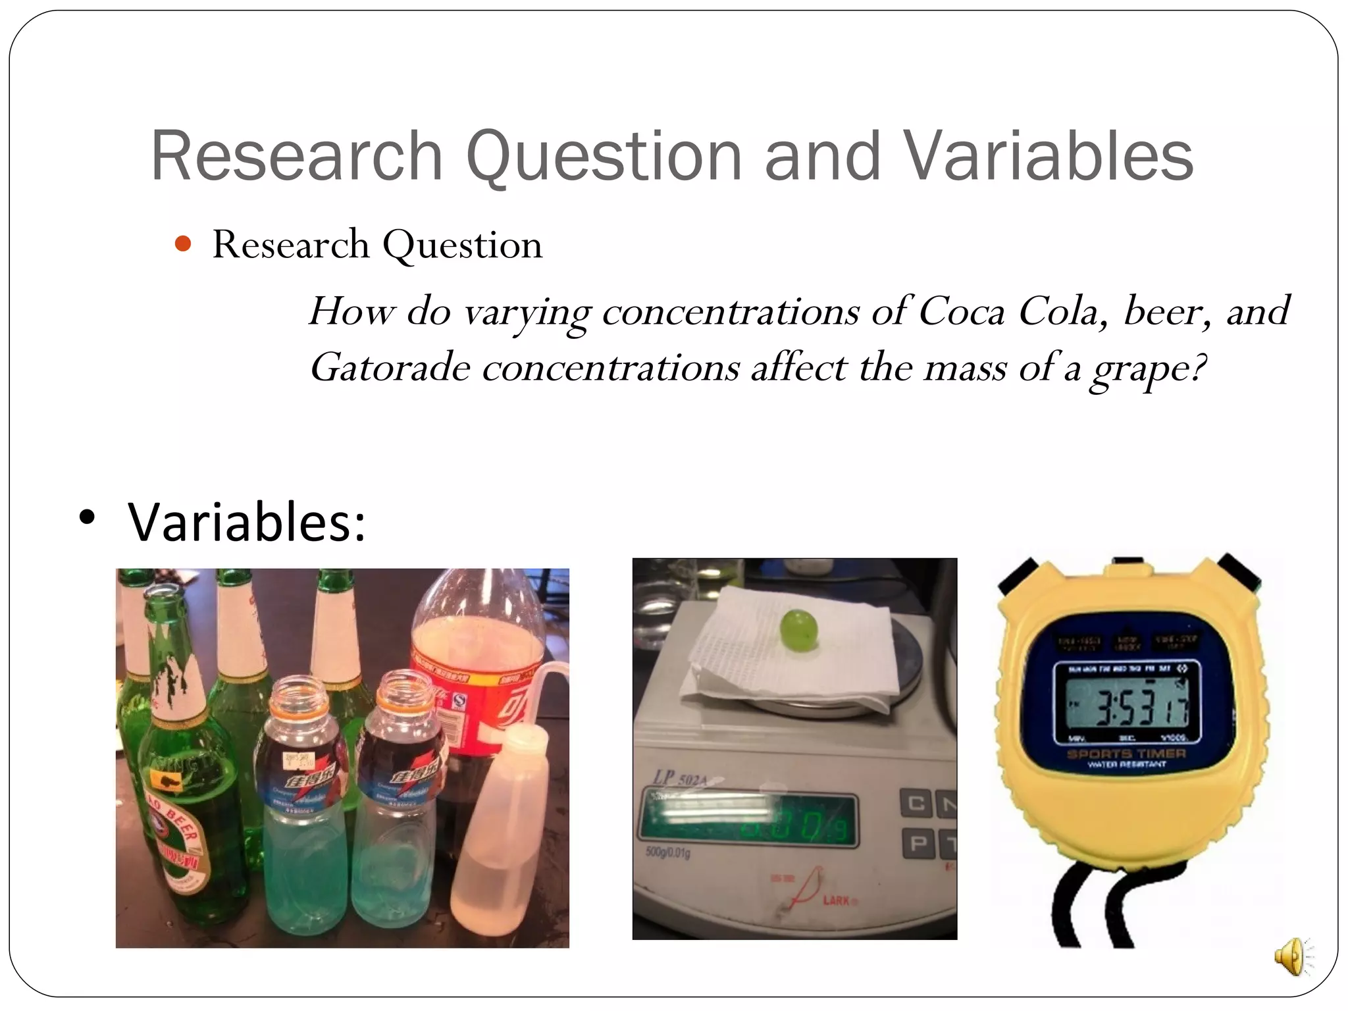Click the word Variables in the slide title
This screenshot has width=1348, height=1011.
1047,156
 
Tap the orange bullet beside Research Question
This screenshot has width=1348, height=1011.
183,245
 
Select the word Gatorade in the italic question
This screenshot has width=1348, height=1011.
390,367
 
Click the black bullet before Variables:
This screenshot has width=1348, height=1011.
86,517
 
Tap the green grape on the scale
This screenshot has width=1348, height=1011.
799,629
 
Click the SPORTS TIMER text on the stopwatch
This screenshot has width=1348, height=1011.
1126,754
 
